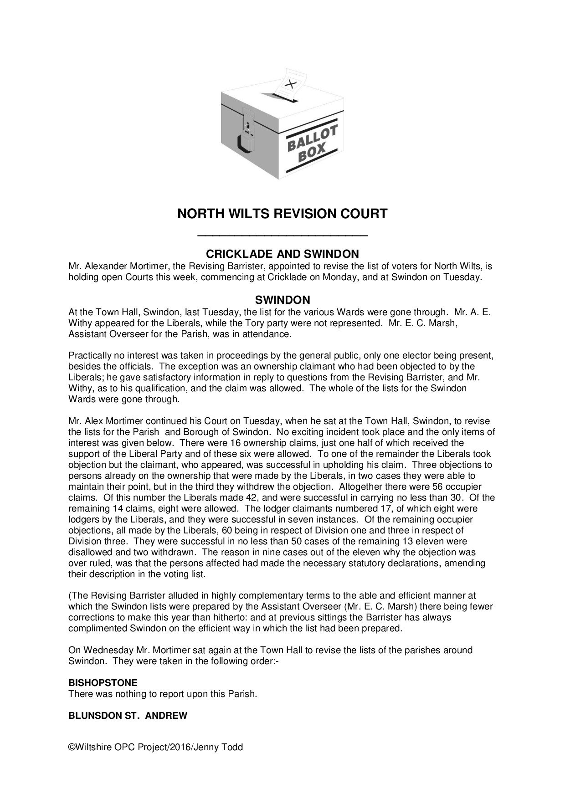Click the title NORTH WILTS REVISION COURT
pyautogui.click(x=282, y=214)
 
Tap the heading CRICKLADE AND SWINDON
pyautogui.click(x=282, y=254)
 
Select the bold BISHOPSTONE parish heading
pyautogui.click(x=103, y=683)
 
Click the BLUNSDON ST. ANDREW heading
pyautogui.click(x=128, y=716)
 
